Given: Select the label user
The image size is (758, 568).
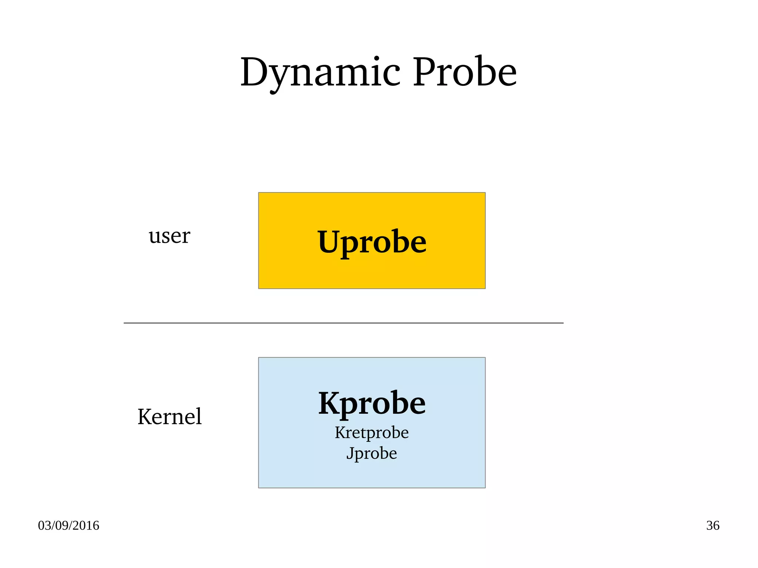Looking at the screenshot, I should coord(169,236).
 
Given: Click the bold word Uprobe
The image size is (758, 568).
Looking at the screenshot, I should coord(372,242).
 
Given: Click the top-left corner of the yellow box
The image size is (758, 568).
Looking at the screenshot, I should coord(259,193).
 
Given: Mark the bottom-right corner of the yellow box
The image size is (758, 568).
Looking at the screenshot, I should coord(485,288).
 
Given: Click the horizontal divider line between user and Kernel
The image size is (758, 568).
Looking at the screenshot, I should coord(343,323).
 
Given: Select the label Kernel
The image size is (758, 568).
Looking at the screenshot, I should coord(170,417).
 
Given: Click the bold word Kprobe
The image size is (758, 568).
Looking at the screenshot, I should coord(372,403).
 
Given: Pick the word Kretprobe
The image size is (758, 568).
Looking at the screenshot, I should coord(372,433).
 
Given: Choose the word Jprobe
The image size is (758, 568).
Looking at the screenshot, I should coord(372,453).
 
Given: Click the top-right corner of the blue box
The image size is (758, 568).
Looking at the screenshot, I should coord(485,358).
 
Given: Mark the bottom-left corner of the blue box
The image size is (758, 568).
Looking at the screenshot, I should coord(259,487).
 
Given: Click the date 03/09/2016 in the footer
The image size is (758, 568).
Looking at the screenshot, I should coord(68,525).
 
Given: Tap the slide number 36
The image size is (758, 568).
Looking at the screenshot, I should coord(712,525).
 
